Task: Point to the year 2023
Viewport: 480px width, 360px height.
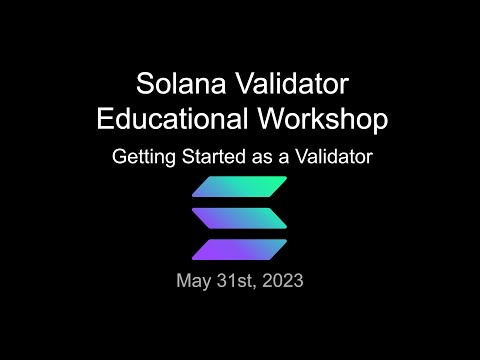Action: pos(283,281)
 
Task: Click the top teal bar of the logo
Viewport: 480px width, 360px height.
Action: pos(239,186)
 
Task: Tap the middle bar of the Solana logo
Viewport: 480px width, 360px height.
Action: pos(239,217)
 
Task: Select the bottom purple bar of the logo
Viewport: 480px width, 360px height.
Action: pos(239,248)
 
